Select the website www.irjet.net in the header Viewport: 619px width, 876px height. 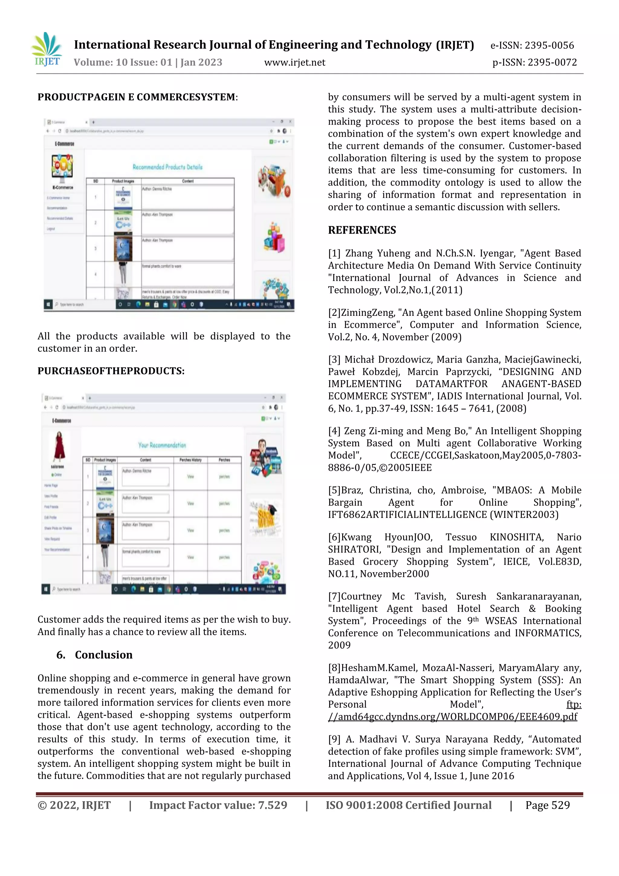click(x=295, y=63)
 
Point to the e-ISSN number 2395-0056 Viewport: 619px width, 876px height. click(x=549, y=46)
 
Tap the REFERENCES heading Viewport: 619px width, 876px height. click(x=362, y=230)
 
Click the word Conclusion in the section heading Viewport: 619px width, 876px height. click(x=104, y=655)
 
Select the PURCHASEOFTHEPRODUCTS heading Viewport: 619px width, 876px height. click(x=111, y=371)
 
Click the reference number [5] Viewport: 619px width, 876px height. click(x=334, y=490)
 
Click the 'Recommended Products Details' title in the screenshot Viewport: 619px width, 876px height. click(x=167, y=167)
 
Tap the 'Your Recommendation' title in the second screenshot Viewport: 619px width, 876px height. click(x=162, y=445)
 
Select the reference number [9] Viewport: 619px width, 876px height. click(x=334, y=739)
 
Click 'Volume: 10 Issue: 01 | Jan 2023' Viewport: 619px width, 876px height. click(x=148, y=63)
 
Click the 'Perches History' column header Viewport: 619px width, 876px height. click(x=190, y=460)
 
